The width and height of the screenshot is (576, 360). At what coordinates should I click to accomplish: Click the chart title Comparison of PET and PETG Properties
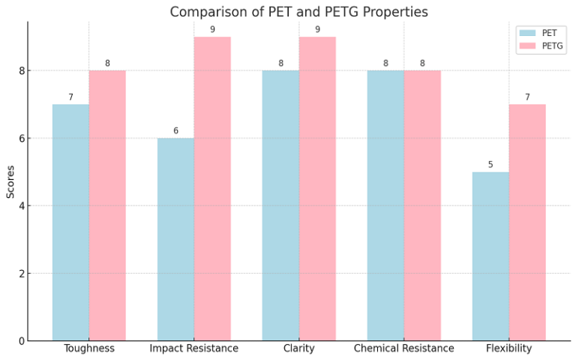[298, 12]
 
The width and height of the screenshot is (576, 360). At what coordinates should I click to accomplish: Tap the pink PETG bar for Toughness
[107, 205]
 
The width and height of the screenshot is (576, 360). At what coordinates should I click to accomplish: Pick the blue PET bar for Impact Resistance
[175, 239]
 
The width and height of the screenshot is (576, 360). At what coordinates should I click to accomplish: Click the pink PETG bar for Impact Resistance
[212, 188]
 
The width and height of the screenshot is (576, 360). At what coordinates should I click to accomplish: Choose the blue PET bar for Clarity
[280, 205]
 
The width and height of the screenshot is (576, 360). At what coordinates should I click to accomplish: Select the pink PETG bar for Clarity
[317, 188]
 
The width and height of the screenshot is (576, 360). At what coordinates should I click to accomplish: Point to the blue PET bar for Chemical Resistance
[385, 205]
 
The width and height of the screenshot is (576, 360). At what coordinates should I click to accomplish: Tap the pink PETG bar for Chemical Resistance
[422, 205]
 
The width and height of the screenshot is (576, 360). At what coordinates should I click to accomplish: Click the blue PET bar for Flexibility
[490, 256]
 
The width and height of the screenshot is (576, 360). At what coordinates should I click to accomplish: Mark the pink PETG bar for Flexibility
[527, 222]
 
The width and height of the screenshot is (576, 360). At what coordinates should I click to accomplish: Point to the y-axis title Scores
[10, 181]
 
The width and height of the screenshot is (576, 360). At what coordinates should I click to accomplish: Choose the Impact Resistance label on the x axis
[193, 349]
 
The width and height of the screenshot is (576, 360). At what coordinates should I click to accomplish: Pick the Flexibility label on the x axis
[508, 349]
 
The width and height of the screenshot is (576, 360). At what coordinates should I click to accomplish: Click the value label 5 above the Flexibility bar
[490, 165]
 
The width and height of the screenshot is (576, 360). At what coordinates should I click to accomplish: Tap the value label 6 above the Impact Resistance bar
[175, 131]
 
